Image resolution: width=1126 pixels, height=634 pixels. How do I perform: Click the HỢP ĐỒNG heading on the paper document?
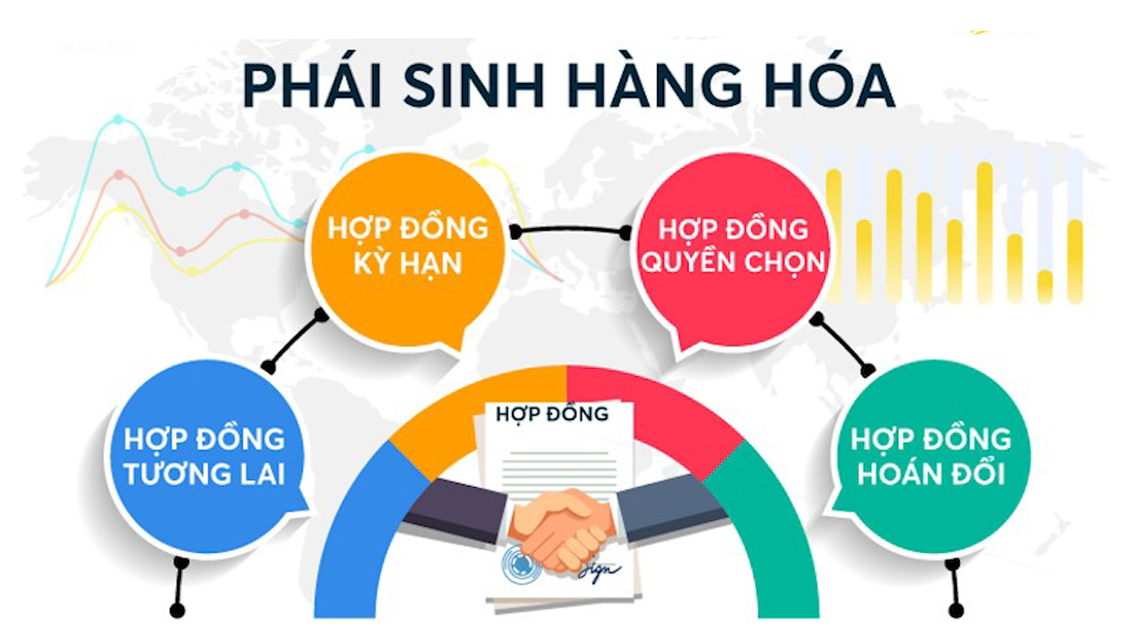pos(552,413)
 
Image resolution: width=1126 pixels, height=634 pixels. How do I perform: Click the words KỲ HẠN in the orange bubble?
pos(406,262)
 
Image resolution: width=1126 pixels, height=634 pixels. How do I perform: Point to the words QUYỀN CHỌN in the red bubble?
pos(732,262)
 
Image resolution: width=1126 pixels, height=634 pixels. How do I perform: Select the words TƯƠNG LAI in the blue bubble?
pos(204,474)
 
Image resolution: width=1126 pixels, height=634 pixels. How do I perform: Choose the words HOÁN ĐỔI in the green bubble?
pos(931,474)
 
